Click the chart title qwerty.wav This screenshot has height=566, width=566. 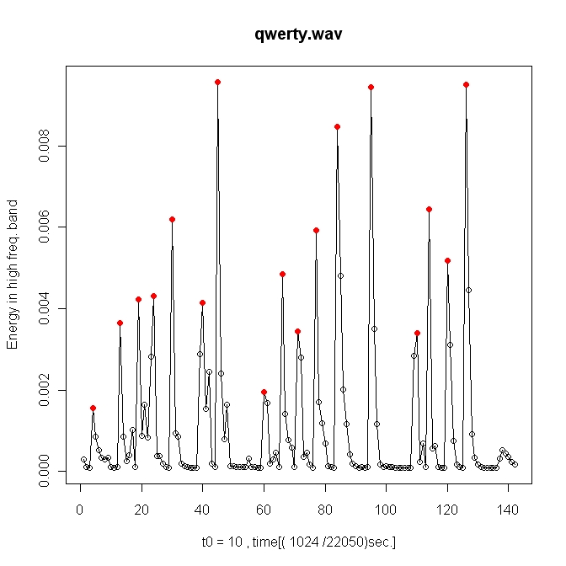pos(298,35)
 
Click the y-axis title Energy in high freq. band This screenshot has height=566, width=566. pos(13,275)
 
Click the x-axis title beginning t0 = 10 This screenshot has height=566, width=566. pos(298,542)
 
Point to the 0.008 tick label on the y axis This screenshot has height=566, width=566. pos(44,146)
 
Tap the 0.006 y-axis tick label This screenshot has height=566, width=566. pos(44,227)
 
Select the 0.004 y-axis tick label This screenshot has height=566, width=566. pos(44,308)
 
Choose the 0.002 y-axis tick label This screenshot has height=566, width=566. pos(44,390)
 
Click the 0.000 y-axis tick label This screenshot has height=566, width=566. pos(44,471)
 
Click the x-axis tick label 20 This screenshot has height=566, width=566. pos(141,510)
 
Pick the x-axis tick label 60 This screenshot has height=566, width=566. pos(264,510)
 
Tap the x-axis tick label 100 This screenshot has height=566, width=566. pos(386,510)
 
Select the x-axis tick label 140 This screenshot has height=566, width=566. pos(508,510)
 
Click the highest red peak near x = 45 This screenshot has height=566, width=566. pos(217,83)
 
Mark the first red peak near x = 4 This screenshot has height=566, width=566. pos(93,408)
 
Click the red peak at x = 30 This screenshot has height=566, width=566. pos(172,220)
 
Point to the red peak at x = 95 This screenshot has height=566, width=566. pos(371,87)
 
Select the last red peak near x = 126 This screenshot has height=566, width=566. pos(466,85)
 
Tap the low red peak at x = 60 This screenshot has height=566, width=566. pos(264,392)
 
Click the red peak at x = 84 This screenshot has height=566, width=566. pos(337,126)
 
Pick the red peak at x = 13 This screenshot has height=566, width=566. pos(120,323)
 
